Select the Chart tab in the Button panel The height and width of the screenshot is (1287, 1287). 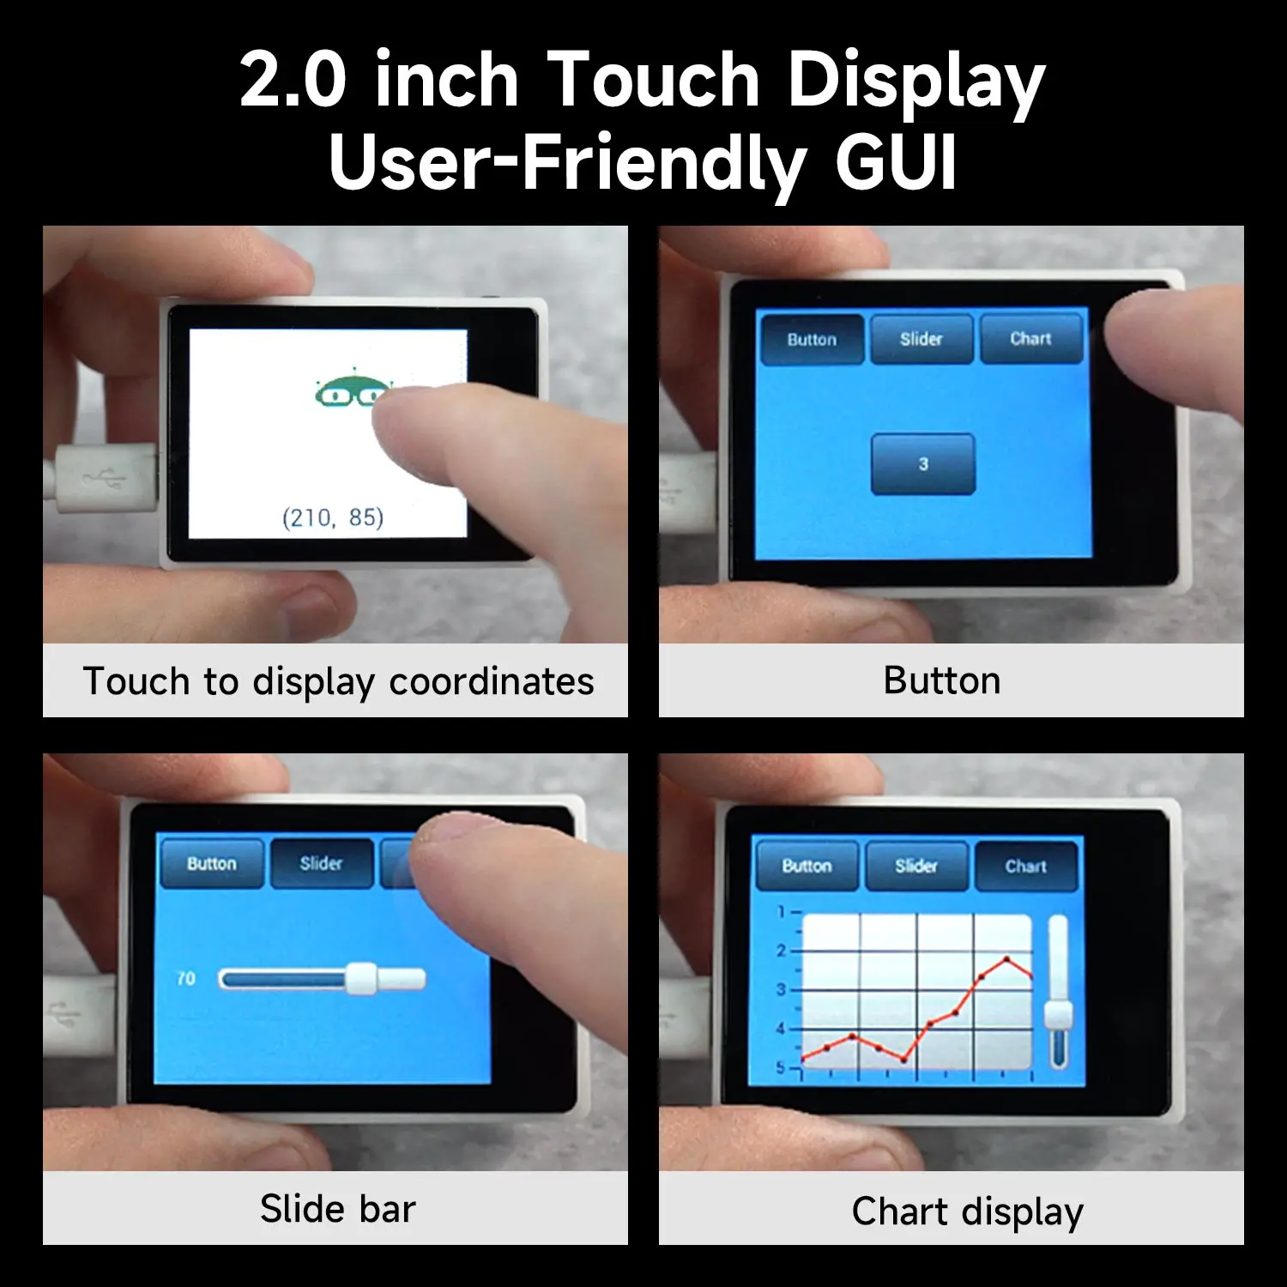point(1030,339)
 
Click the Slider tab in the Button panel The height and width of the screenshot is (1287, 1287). point(921,339)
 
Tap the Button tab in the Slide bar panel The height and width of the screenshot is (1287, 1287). point(211,863)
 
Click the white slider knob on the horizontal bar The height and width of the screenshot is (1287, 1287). point(362,978)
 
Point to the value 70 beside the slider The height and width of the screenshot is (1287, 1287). point(185,978)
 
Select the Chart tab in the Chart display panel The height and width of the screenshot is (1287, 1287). point(1025,867)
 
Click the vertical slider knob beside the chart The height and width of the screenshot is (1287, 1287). point(1058,1014)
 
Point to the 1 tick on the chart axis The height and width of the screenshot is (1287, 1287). point(781,911)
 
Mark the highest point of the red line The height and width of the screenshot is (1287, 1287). point(1006,958)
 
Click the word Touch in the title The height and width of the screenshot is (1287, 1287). point(652,80)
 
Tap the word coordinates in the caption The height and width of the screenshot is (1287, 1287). point(491,681)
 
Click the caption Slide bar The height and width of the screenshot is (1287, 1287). point(337,1209)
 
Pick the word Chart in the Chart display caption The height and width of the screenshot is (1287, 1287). point(900,1211)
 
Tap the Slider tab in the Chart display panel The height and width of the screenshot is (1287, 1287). point(916,867)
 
